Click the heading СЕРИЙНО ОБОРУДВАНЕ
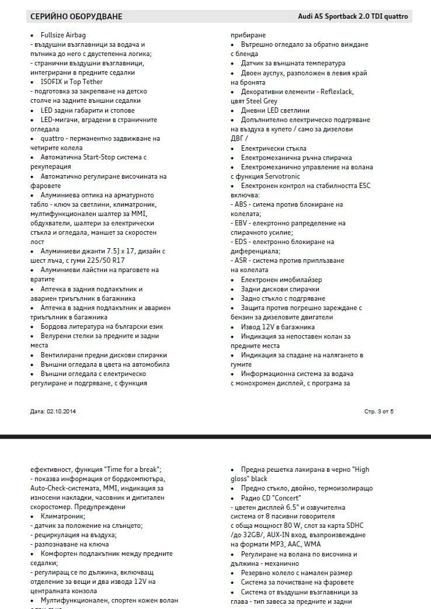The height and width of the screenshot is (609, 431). [x=77, y=16]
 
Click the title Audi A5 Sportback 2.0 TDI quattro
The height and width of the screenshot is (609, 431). [x=353, y=16]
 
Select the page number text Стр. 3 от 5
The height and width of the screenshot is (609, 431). [x=379, y=412]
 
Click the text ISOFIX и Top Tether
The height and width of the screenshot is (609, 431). [x=72, y=82]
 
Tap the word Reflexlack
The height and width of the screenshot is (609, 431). [x=335, y=92]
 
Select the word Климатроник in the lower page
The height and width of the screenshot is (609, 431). [x=62, y=517]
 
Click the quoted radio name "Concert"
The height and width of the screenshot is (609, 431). [x=286, y=498]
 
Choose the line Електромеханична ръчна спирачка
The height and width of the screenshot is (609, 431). [x=296, y=158]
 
